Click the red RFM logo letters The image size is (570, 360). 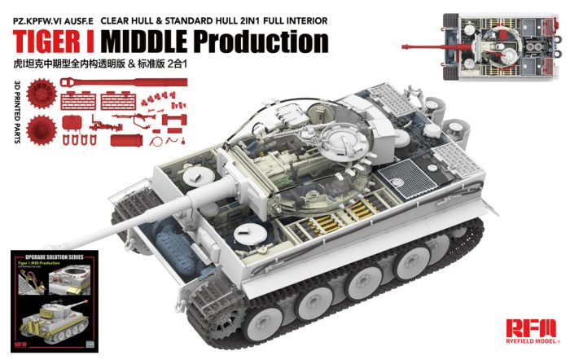[528, 328]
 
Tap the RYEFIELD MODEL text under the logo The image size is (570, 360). [528, 344]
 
